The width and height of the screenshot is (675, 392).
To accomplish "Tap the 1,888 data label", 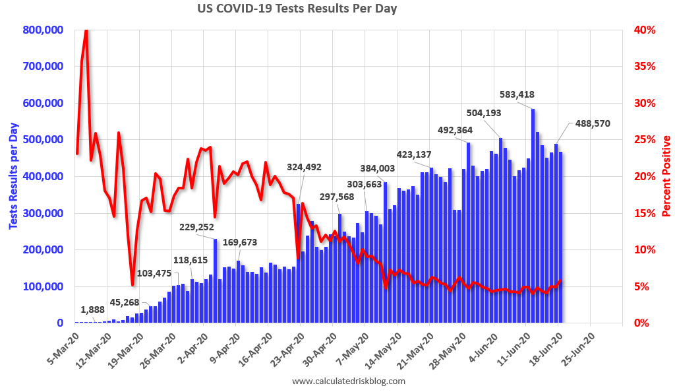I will (93, 310).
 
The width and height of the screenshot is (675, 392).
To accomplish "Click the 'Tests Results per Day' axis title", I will (13, 176).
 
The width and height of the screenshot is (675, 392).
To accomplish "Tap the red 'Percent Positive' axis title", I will (666, 176).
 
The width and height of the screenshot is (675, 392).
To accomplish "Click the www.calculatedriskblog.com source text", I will (348, 381).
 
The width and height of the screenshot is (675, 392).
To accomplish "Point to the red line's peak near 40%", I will (86, 31).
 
